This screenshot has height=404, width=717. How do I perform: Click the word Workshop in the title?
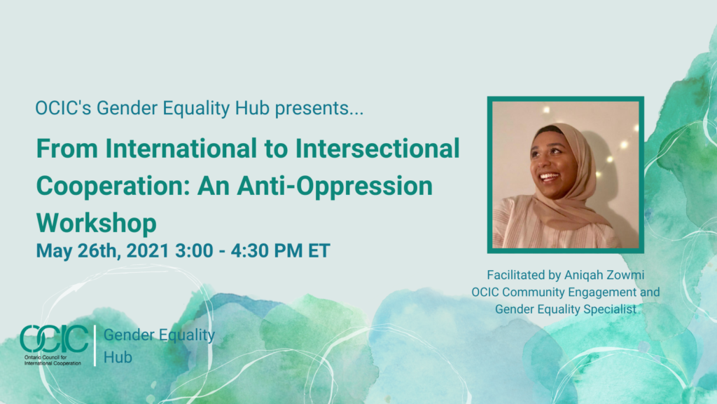(97, 223)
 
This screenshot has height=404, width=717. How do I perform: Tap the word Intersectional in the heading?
(377, 149)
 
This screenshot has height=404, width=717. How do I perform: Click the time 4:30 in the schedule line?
(250, 250)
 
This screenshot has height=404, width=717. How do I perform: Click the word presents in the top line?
(319, 109)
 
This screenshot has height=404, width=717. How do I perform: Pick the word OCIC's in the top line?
(63, 108)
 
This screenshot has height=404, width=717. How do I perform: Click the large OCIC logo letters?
(54, 339)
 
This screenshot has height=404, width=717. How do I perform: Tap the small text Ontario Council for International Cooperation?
(53, 360)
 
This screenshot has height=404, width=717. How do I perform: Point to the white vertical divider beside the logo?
(95, 345)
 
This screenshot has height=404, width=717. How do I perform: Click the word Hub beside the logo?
(118, 357)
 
